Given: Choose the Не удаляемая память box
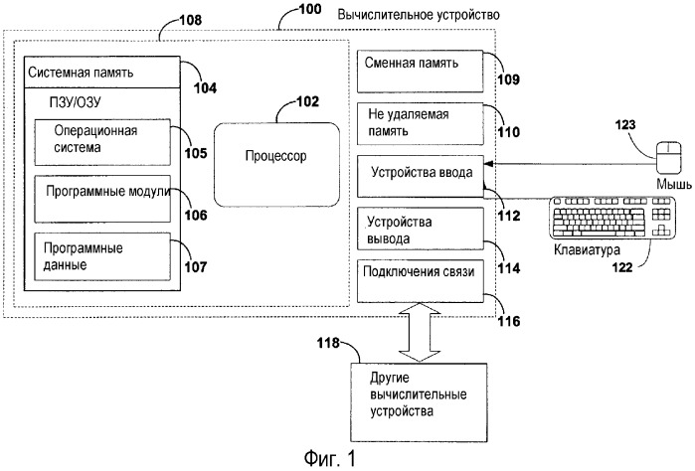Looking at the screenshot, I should tap(423, 123).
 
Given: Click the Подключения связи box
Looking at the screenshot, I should tap(423, 279).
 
